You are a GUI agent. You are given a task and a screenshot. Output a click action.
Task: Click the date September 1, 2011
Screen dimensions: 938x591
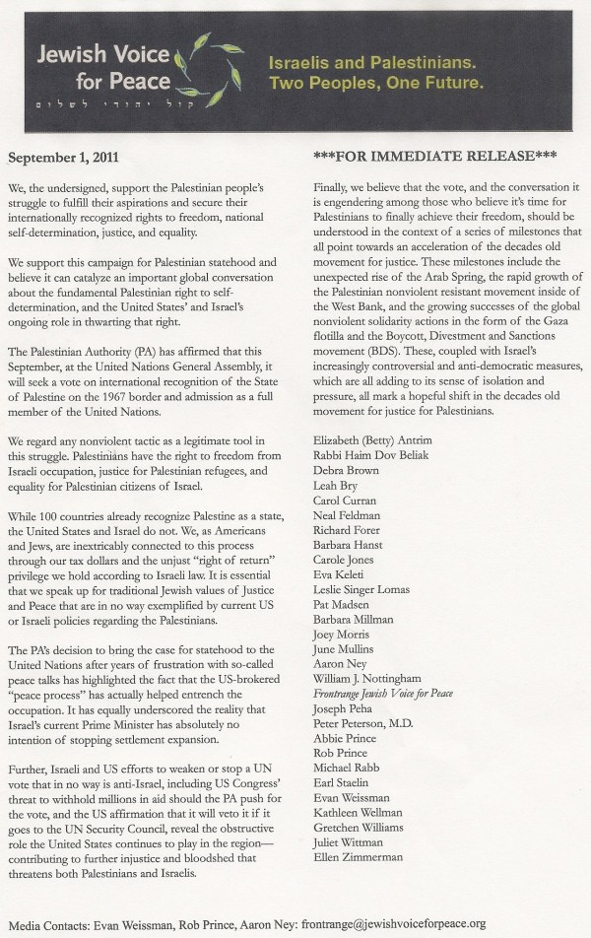(x=64, y=156)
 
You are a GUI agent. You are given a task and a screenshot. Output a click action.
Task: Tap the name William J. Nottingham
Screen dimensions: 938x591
(x=366, y=679)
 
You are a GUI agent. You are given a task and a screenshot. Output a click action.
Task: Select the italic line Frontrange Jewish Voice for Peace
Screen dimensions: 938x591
(x=382, y=695)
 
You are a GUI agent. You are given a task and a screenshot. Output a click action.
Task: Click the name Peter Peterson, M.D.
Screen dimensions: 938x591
(x=363, y=727)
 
